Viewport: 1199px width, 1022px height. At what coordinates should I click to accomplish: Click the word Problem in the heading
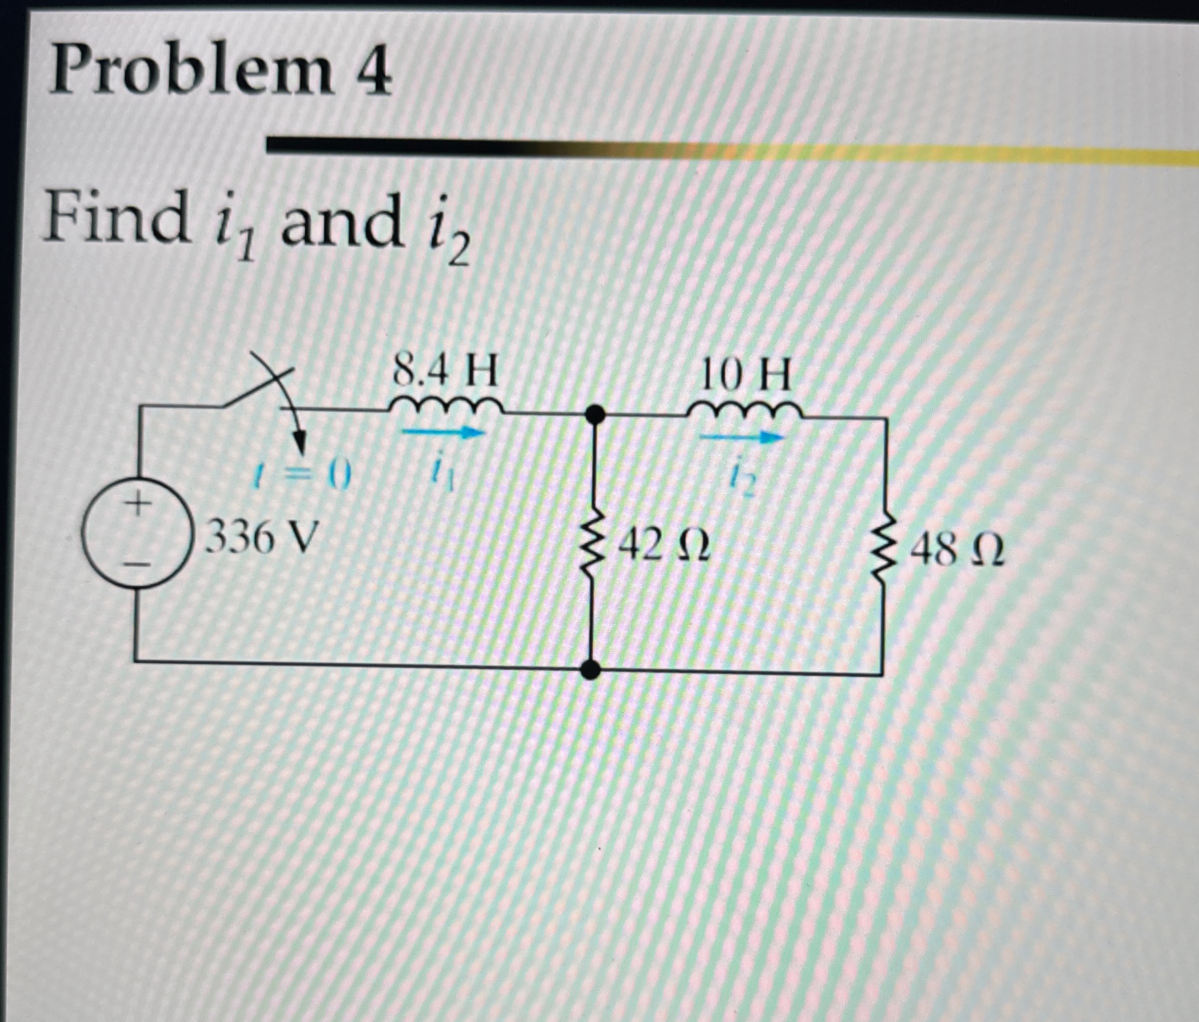tap(191, 73)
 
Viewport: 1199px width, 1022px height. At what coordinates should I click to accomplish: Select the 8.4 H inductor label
tap(445, 373)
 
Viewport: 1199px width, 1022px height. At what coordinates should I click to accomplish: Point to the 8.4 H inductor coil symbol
tap(445, 405)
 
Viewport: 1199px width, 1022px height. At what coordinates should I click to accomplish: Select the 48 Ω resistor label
tap(957, 553)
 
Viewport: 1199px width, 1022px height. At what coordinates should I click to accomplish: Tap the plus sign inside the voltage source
tap(137, 507)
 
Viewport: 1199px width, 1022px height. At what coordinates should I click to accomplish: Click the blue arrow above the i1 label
tap(443, 433)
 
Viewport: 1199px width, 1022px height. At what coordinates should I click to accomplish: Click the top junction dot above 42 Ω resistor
tap(593, 414)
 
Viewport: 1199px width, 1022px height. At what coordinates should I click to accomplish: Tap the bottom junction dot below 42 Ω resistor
tap(590, 670)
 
